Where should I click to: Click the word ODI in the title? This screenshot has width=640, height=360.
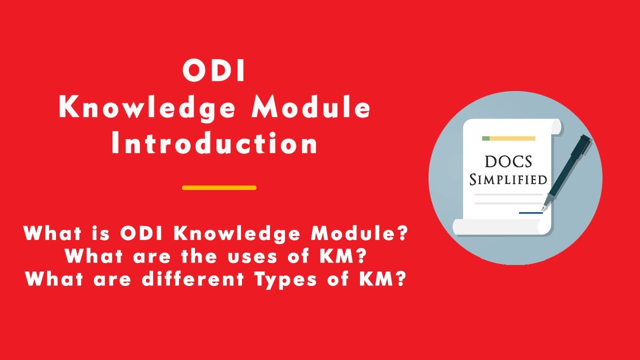[x=214, y=71]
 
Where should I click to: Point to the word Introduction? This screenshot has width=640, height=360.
[x=214, y=144]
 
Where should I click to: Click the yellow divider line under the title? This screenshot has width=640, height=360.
[x=219, y=188]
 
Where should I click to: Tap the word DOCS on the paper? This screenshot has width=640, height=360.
[x=508, y=161]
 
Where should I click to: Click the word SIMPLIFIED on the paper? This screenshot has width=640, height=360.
[x=508, y=179]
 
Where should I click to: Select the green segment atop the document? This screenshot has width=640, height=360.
[x=485, y=138]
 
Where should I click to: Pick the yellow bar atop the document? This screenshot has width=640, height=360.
[x=512, y=138]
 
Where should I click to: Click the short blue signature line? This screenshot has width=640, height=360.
[x=530, y=213]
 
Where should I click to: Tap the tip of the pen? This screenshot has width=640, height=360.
[x=543, y=209]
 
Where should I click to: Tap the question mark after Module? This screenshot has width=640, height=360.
[x=402, y=233]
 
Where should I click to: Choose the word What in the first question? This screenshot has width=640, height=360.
[x=48, y=233]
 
